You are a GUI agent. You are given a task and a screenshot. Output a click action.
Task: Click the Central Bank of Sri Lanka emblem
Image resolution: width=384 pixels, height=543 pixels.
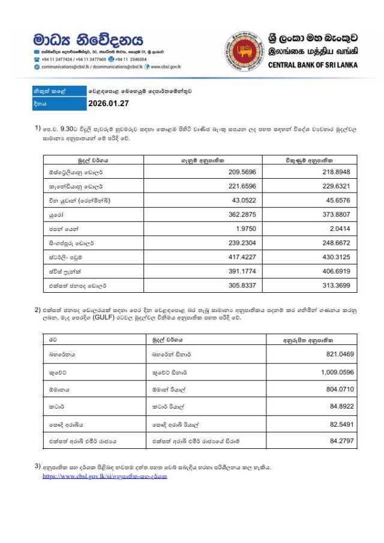[242, 50]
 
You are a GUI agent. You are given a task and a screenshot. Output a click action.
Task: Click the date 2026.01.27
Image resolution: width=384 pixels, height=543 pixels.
[109, 104]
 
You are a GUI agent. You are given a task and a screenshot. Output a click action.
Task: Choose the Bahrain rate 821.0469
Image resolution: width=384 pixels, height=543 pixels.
[340, 354]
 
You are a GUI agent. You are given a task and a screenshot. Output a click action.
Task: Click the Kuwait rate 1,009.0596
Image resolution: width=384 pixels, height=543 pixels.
[337, 371]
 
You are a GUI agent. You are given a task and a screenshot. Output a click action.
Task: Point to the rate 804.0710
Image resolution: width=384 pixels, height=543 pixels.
[340, 389]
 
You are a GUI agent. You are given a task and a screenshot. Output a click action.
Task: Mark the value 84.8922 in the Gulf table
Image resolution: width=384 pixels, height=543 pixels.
[342, 406]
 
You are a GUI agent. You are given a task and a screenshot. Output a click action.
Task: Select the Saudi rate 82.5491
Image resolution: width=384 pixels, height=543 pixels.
[342, 424]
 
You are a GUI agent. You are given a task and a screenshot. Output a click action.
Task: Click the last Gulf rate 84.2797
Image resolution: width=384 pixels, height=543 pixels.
[342, 441]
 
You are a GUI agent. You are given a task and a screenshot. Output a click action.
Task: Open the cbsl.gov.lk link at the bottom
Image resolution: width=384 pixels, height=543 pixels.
[104, 476]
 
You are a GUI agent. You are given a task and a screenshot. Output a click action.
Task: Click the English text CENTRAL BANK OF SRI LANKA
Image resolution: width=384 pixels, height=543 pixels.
[313, 65]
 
